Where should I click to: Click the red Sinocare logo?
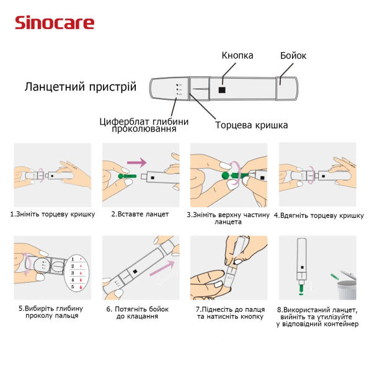point(55,22)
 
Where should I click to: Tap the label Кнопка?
point(237,56)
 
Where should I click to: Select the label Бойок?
point(293,56)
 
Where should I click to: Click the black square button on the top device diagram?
point(222,90)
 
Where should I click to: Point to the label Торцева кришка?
point(252,125)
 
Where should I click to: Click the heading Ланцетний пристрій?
point(81,87)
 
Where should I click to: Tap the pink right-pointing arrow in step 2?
point(137,162)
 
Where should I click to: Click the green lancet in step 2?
point(127,176)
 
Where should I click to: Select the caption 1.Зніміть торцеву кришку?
point(53,215)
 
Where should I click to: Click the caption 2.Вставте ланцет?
point(140,214)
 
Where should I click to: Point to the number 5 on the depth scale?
point(73,287)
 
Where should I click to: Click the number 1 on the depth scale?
point(73,259)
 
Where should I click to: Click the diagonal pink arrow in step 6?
point(162,268)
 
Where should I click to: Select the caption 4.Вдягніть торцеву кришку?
point(319,215)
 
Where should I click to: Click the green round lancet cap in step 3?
point(226,176)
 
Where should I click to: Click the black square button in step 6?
point(135,271)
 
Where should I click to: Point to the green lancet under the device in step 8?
point(301,289)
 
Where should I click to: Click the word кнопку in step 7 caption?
point(252,317)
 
